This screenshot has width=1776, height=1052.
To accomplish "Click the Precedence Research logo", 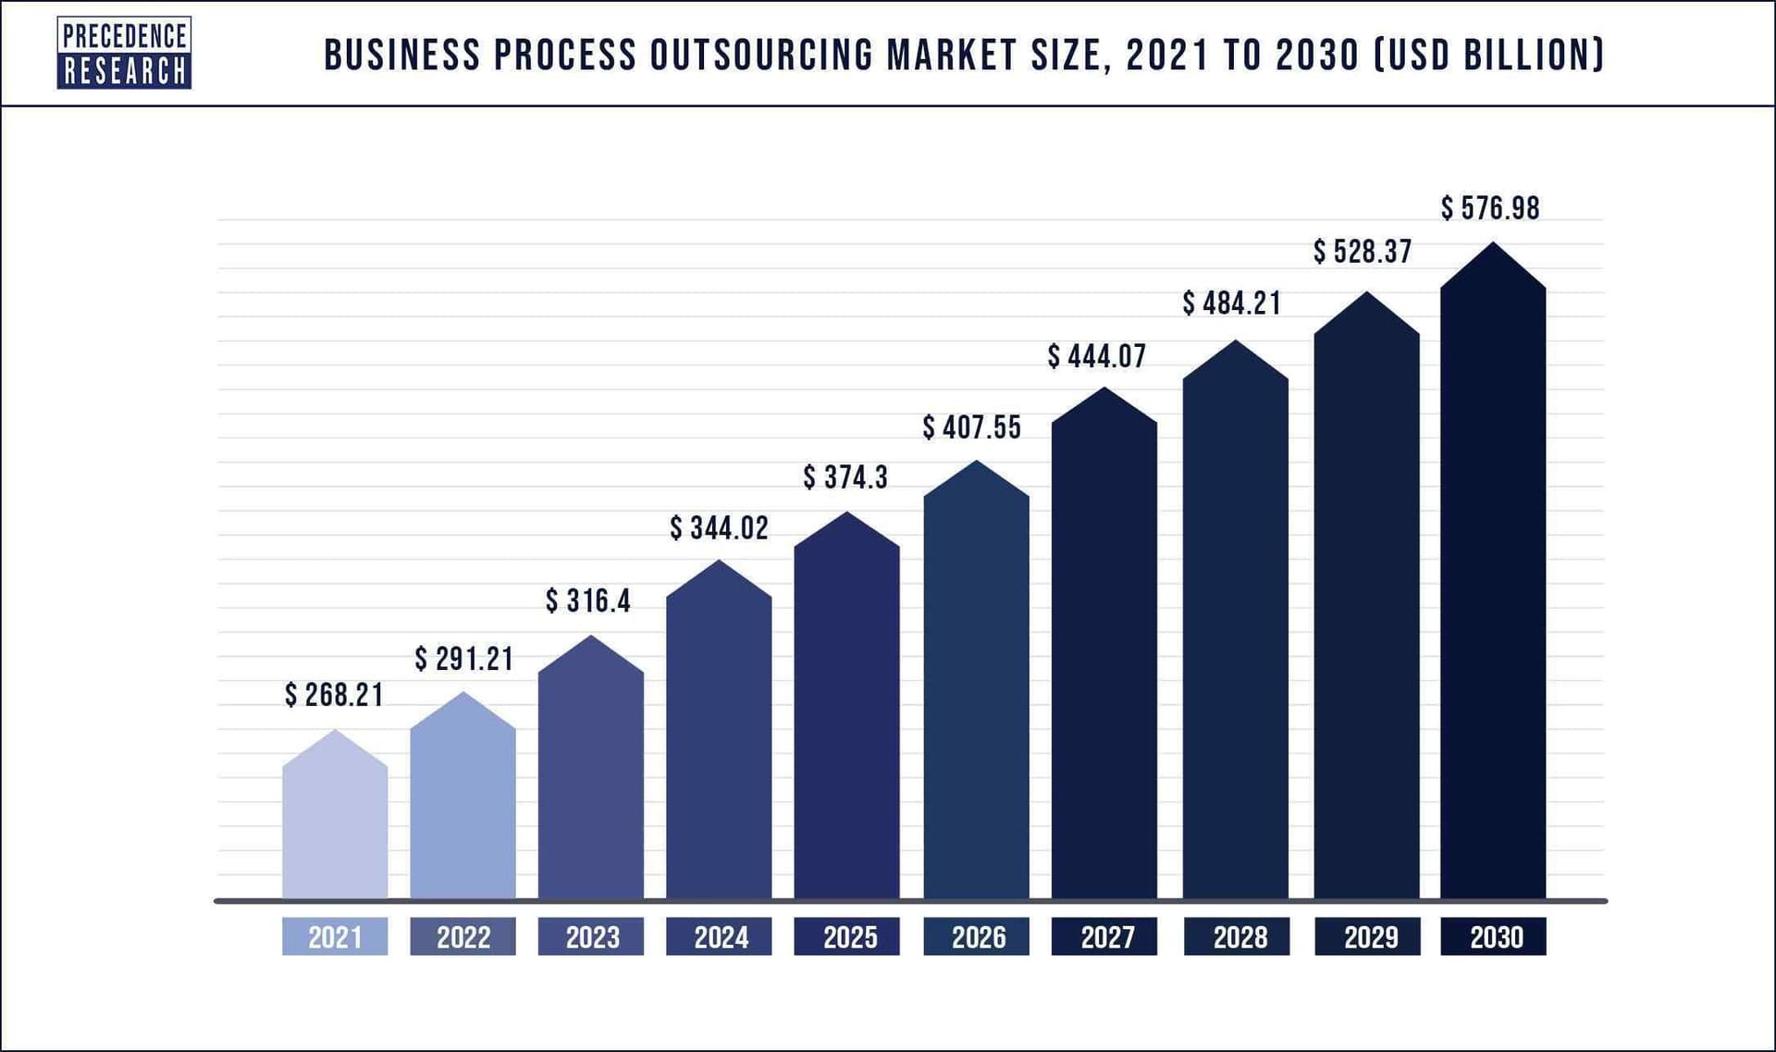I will click(x=124, y=53).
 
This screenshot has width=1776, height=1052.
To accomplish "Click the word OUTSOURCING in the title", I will click(x=761, y=56).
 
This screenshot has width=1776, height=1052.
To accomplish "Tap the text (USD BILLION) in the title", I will click(x=1488, y=56).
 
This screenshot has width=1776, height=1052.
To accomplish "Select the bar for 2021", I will click(x=335, y=823).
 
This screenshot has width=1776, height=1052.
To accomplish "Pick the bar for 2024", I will click(x=719, y=740).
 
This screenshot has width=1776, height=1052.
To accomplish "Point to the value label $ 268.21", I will click(x=334, y=695).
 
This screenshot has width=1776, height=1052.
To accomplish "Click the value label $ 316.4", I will click(x=588, y=601).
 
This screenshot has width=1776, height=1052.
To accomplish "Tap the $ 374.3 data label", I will click(x=845, y=477).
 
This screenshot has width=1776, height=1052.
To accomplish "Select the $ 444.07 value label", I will click(x=1097, y=356).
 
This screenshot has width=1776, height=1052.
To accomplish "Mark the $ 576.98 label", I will click(x=1490, y=208).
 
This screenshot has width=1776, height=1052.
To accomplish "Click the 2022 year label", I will click(x=462, y=937).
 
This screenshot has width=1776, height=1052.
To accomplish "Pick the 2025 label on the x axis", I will click(x=847, y=937).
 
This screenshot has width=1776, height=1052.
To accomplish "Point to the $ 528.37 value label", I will click(x=1363, y=252).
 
